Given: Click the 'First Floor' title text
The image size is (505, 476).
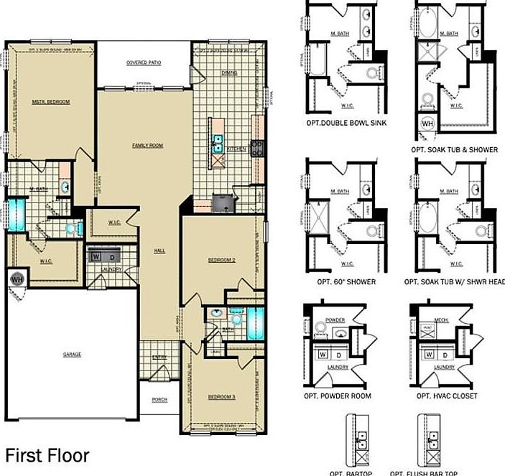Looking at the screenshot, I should (47, 455).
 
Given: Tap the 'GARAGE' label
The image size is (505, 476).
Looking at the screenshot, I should (72, 355).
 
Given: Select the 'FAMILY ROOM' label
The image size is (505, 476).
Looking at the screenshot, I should (148, 145).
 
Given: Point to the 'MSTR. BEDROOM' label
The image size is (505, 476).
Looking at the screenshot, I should (51, 102).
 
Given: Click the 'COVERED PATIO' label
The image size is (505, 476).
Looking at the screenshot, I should (144, 62).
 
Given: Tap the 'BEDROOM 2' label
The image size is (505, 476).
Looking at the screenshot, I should (222, 261).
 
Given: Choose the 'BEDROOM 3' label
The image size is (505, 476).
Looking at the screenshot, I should (222, 397).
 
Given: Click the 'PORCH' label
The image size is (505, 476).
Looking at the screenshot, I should (160, 400).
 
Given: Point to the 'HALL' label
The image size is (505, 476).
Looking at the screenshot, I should (160, 251).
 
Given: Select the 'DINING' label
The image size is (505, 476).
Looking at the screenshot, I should (230, 73).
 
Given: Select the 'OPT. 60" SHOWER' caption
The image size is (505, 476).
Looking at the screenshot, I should (340, 282).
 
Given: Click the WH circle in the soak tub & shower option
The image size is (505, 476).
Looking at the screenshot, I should (427, 123).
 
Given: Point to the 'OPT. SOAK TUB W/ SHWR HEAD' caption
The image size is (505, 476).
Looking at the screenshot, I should (454, 282).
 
